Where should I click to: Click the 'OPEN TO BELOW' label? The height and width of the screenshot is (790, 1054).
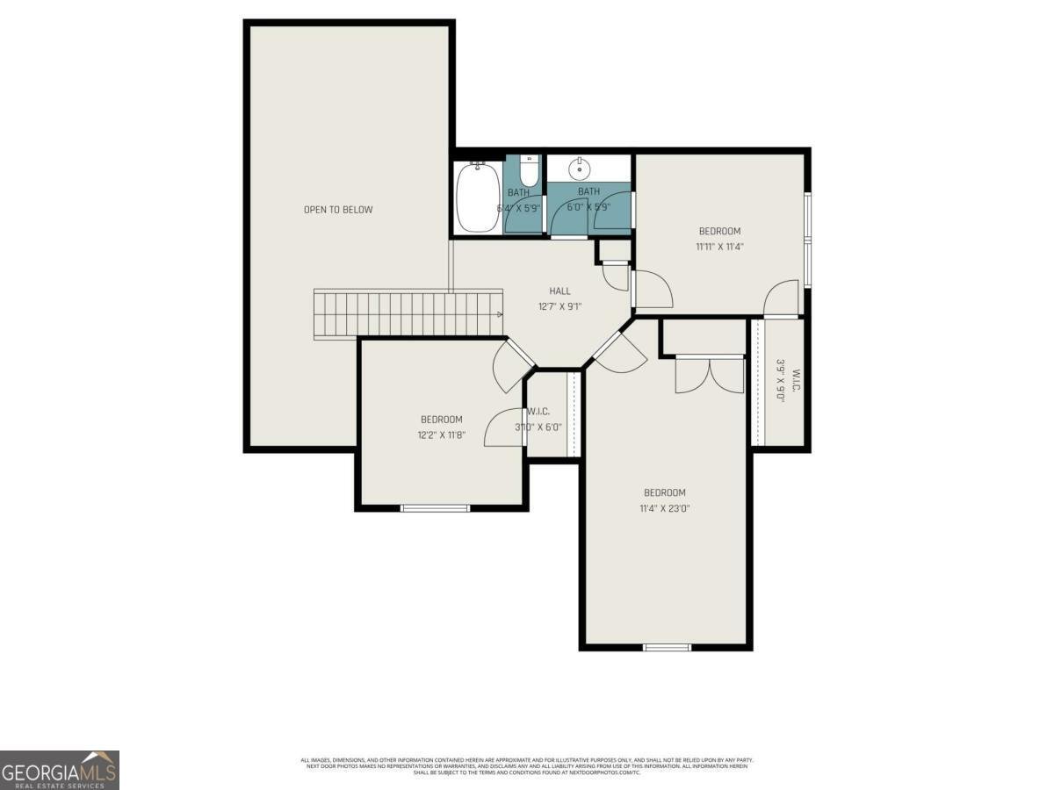(x=338, y=210)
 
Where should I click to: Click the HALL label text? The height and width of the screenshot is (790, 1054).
(x=559, y=291)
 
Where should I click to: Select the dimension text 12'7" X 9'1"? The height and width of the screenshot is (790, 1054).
(x=559, y=307)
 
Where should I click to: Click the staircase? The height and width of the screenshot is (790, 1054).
(x=408, y=313)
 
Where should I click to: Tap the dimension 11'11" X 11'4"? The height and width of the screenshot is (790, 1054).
(x=719, y=248)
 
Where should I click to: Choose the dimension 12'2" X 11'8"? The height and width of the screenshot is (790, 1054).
(x=441, y=434)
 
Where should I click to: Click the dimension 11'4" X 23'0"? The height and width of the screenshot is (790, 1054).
(x=664, y=508)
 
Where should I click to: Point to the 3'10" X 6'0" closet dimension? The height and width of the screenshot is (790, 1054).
(x=538, y=427)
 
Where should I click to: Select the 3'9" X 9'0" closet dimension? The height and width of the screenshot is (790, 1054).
(x=780, y=379)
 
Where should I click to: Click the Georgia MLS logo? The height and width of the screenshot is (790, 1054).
(x=60, y=770)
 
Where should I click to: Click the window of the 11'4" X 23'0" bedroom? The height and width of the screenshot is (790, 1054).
(x=667, y=648)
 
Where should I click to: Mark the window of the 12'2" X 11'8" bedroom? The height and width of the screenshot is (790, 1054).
(x=435, y=507)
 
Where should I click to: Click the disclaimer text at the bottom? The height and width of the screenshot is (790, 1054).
(x=527, y=765)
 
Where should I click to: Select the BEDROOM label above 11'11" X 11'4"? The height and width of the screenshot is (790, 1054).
(x=719, y=232)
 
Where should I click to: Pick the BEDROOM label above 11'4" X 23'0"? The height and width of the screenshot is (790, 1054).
(x=664, y=492)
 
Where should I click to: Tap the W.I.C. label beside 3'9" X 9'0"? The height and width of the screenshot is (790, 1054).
(x=796, y=379)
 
